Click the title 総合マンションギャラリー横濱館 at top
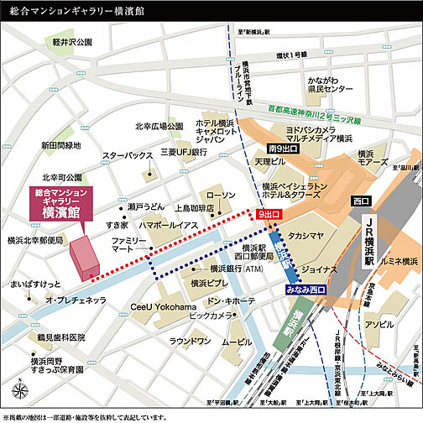pos(82,10)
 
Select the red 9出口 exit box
pos(269,216)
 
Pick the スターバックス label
pos(127,156)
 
